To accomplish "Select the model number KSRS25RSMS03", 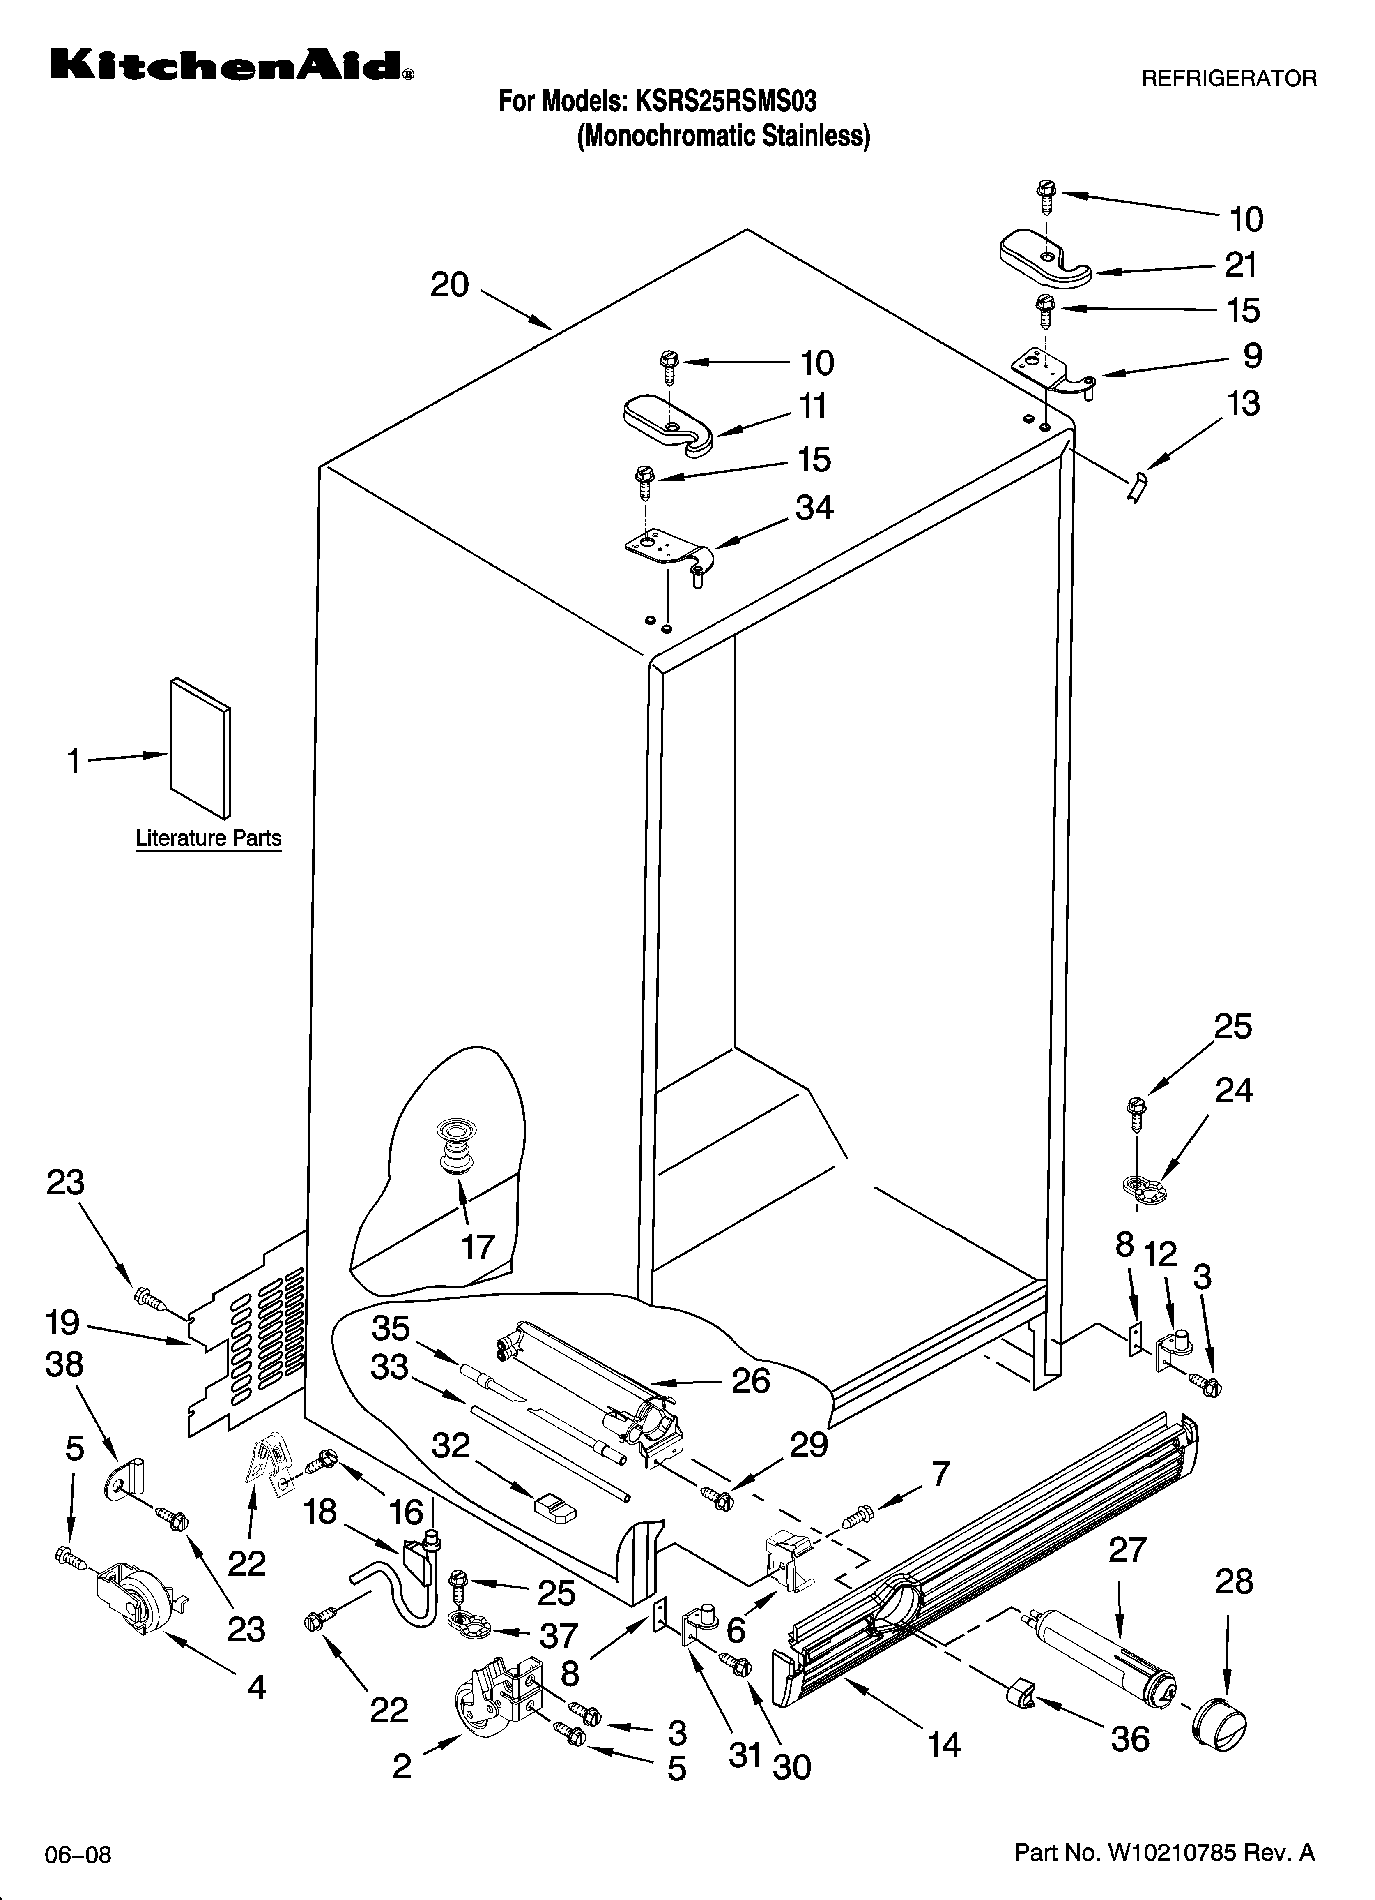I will click(x=725, y=102).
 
